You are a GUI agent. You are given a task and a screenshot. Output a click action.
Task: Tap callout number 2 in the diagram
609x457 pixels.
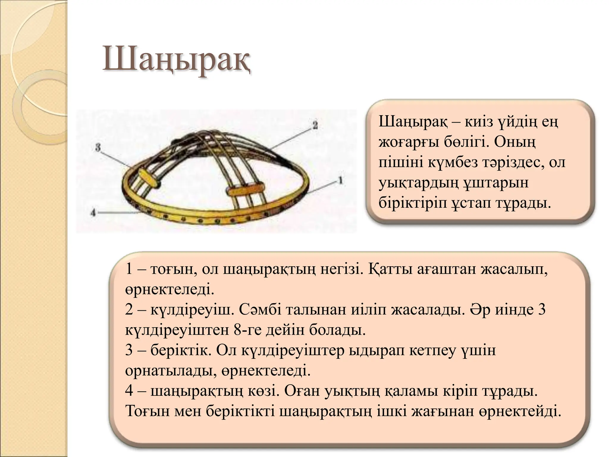click(315, 125)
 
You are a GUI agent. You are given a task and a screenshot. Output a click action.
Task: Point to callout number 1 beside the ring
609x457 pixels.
click(340, 180)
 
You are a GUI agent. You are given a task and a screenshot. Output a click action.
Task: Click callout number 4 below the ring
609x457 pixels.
click(93, 212)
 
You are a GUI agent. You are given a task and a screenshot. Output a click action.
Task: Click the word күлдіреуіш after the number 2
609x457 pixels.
click(190, 310)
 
